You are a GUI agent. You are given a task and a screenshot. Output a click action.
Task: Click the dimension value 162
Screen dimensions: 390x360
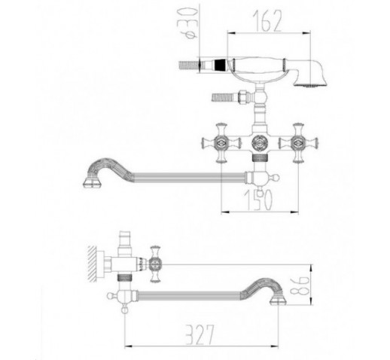click(267, 21)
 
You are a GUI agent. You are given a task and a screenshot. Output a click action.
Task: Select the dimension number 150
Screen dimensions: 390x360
click(259, 200)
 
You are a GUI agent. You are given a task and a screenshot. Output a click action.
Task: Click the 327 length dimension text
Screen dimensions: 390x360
click(200, 334)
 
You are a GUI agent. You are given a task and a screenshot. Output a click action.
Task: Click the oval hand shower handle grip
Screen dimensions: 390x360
click(259, 65)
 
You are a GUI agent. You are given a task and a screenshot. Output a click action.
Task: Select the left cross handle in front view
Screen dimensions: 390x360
click(221, 143)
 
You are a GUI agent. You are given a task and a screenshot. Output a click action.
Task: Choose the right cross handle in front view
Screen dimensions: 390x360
click(298, 143)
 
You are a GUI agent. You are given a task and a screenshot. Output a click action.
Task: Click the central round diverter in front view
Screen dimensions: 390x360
click(260, 143)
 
